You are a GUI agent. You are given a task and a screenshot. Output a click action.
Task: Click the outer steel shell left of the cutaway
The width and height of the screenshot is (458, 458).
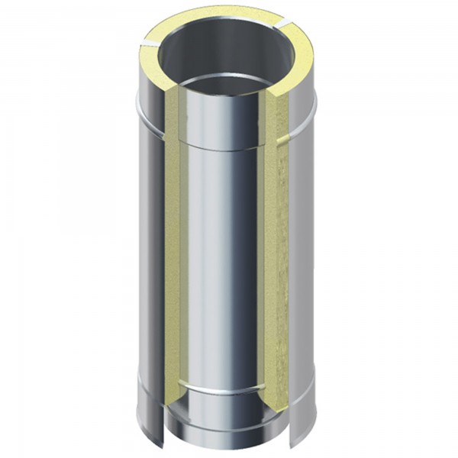click(149, 252)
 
